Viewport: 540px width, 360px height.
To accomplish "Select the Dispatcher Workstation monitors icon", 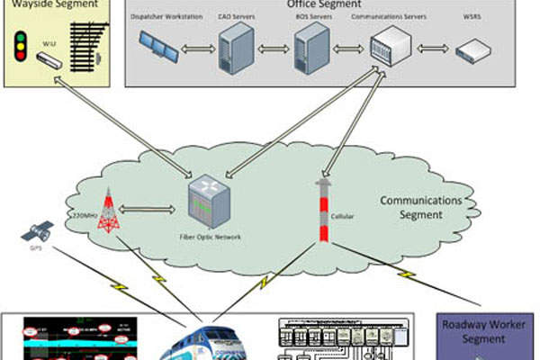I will [x=160, y=45].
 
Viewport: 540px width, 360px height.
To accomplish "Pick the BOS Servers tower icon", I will [x=311, y=47].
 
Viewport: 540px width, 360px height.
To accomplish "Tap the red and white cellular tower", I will [x=321, y=211].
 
